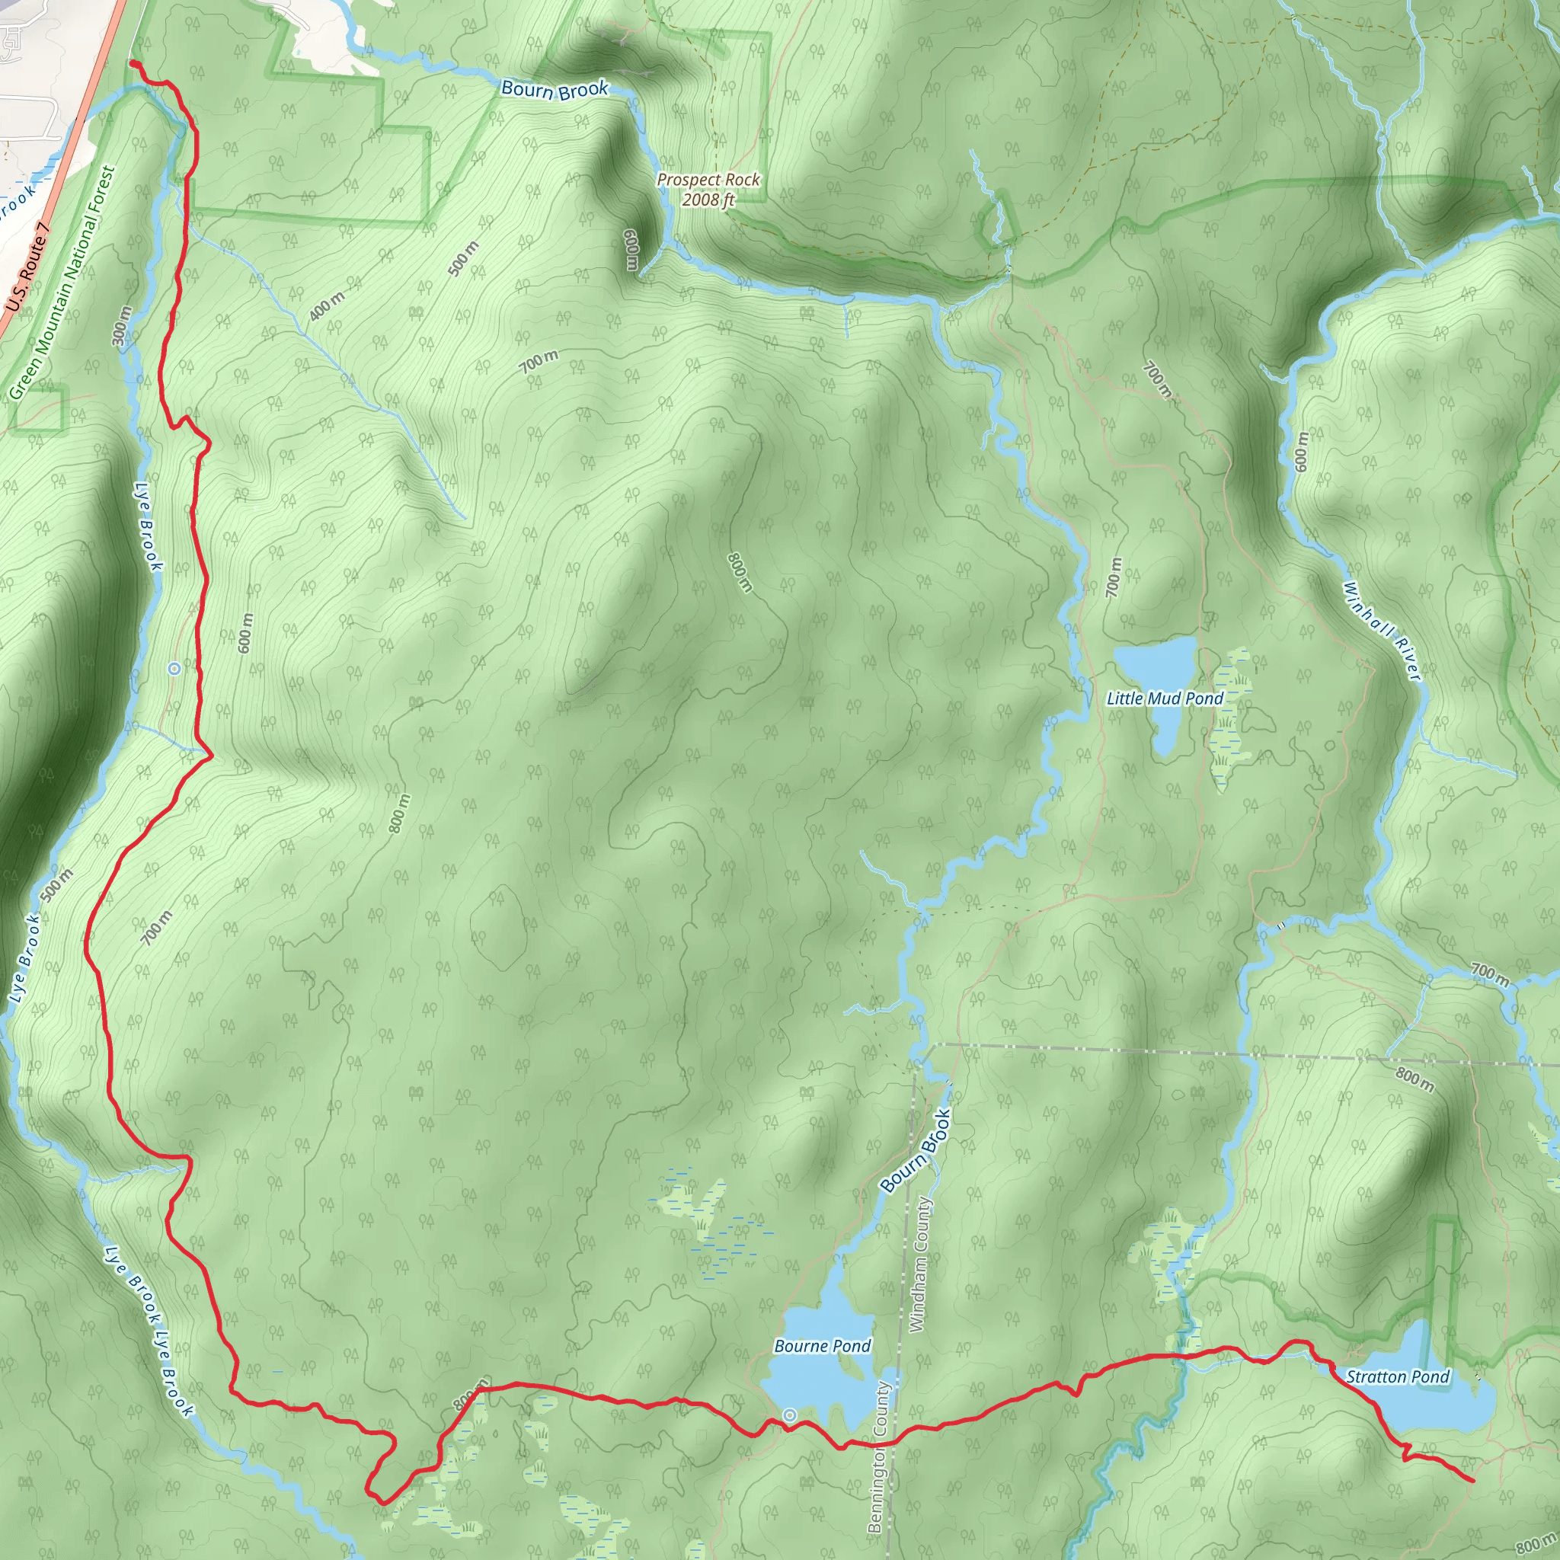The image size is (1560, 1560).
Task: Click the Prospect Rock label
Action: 708,179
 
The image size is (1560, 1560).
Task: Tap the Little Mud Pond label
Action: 1165,698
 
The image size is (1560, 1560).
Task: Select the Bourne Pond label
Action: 822,1345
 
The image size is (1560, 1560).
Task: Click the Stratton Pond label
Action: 1398,1376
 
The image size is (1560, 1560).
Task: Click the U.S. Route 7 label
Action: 28,268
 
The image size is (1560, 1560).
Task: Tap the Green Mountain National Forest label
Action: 63,283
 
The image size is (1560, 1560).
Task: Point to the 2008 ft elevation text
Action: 708,200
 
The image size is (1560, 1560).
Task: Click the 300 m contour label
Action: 123,325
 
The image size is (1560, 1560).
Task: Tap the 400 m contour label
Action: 327,305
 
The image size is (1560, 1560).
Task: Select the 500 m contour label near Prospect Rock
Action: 463,258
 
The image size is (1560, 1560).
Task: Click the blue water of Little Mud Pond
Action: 1156,667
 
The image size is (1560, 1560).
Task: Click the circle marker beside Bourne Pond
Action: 790,1415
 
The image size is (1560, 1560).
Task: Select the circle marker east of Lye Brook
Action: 174,668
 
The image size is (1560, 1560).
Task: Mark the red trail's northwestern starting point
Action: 132,62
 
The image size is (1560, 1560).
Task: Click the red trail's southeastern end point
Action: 1473,1480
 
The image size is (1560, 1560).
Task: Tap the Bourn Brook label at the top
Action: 554,90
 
